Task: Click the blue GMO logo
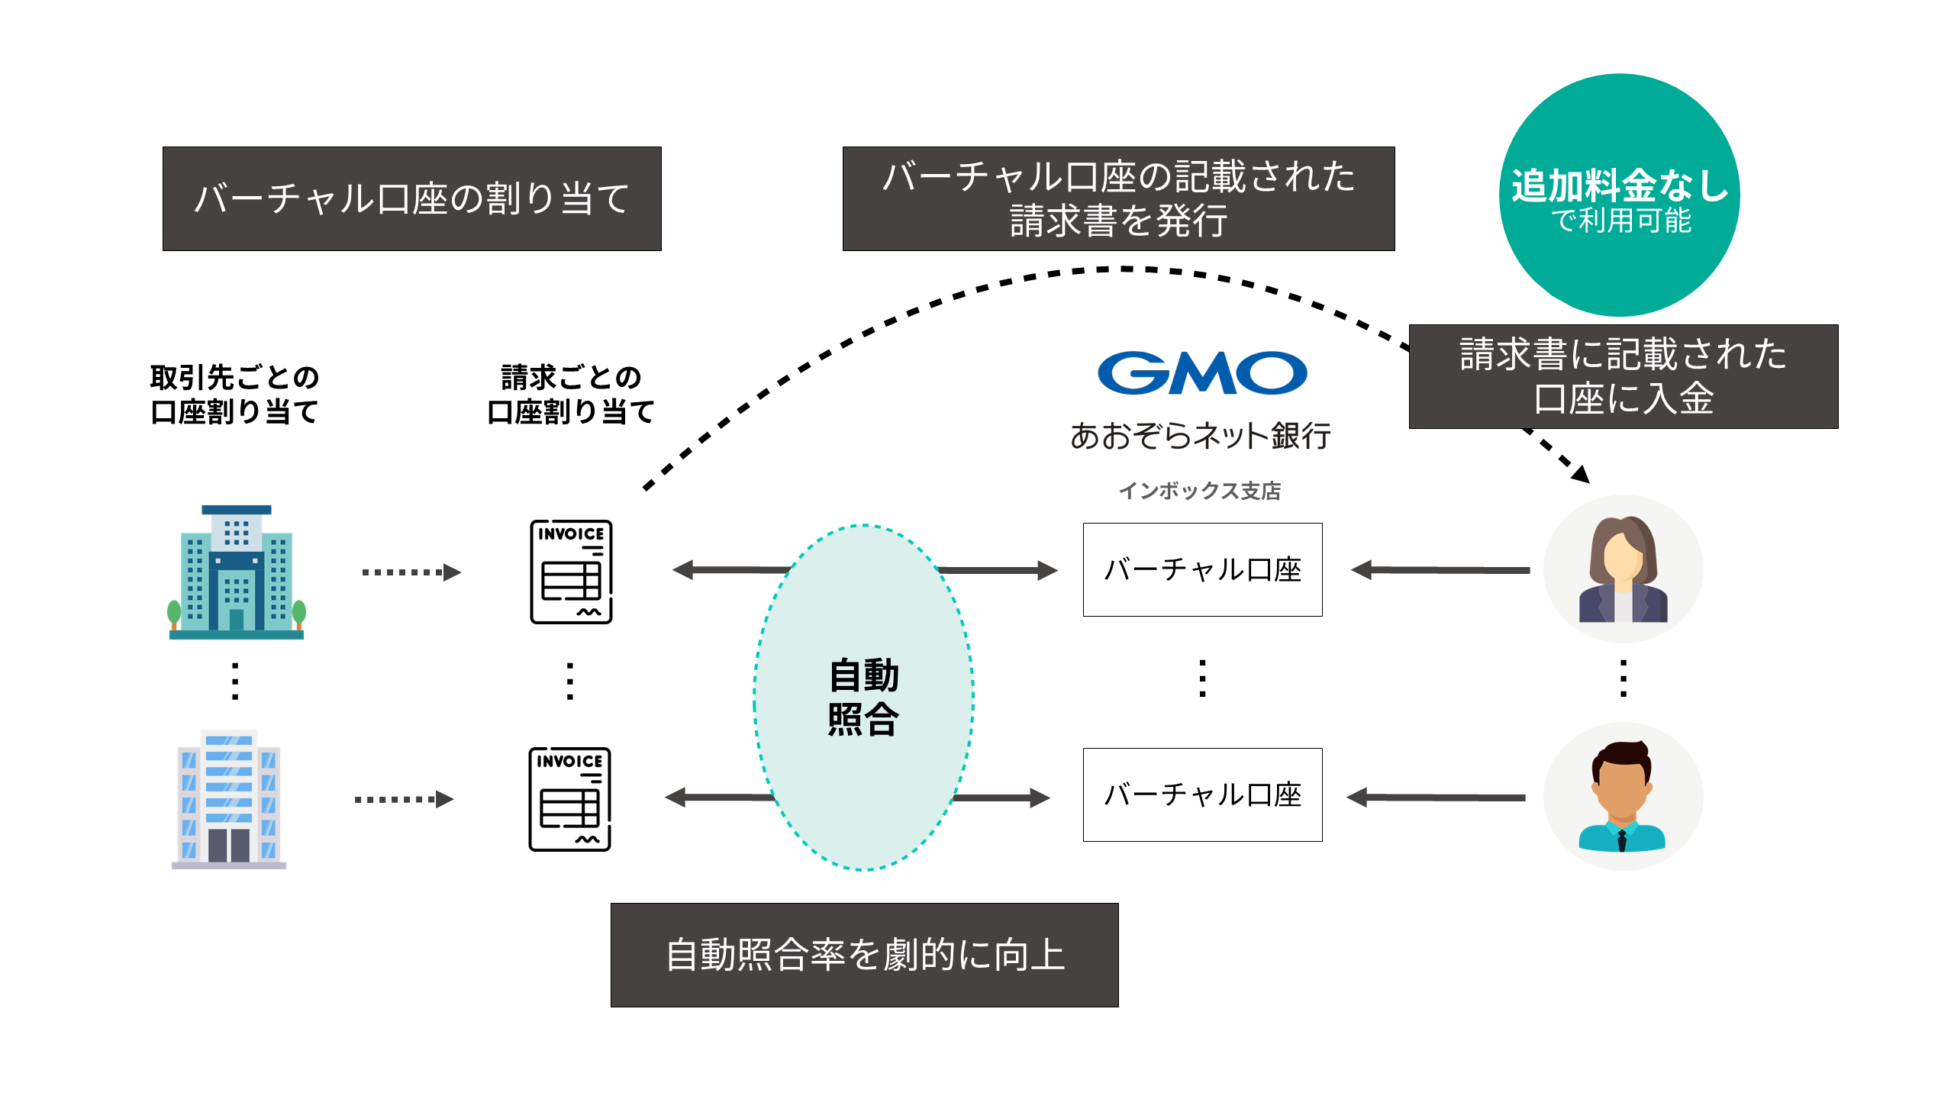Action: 1201,373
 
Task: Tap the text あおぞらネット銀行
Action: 1200,436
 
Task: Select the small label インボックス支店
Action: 1200,491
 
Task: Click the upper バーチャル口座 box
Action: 1202,569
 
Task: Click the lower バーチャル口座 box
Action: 1202,794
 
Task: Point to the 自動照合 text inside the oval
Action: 864,697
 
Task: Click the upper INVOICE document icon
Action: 571,572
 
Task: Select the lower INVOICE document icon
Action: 569,799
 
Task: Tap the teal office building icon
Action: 237,572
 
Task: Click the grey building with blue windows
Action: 229,799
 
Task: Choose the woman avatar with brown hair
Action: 1623,569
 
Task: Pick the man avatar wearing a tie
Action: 1623,796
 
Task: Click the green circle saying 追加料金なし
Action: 1619,195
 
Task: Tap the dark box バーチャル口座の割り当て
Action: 412,198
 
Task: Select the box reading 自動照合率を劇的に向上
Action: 864,955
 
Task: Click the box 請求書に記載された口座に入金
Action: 1623,376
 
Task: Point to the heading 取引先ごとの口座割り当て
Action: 234,395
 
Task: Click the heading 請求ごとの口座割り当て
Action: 571,395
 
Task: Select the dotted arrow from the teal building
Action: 411,572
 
